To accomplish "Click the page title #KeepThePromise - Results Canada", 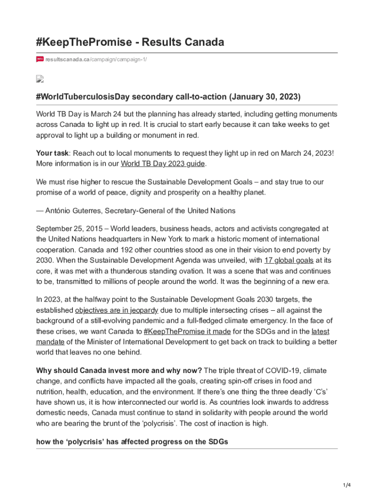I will click(x=130, y=42).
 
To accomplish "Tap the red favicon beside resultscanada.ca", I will click(x=40, y=59).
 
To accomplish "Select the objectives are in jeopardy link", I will click(x=117, y=310).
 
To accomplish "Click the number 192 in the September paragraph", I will click(x=107, y=249).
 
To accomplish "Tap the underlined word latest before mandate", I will click(x=320, y=332).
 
